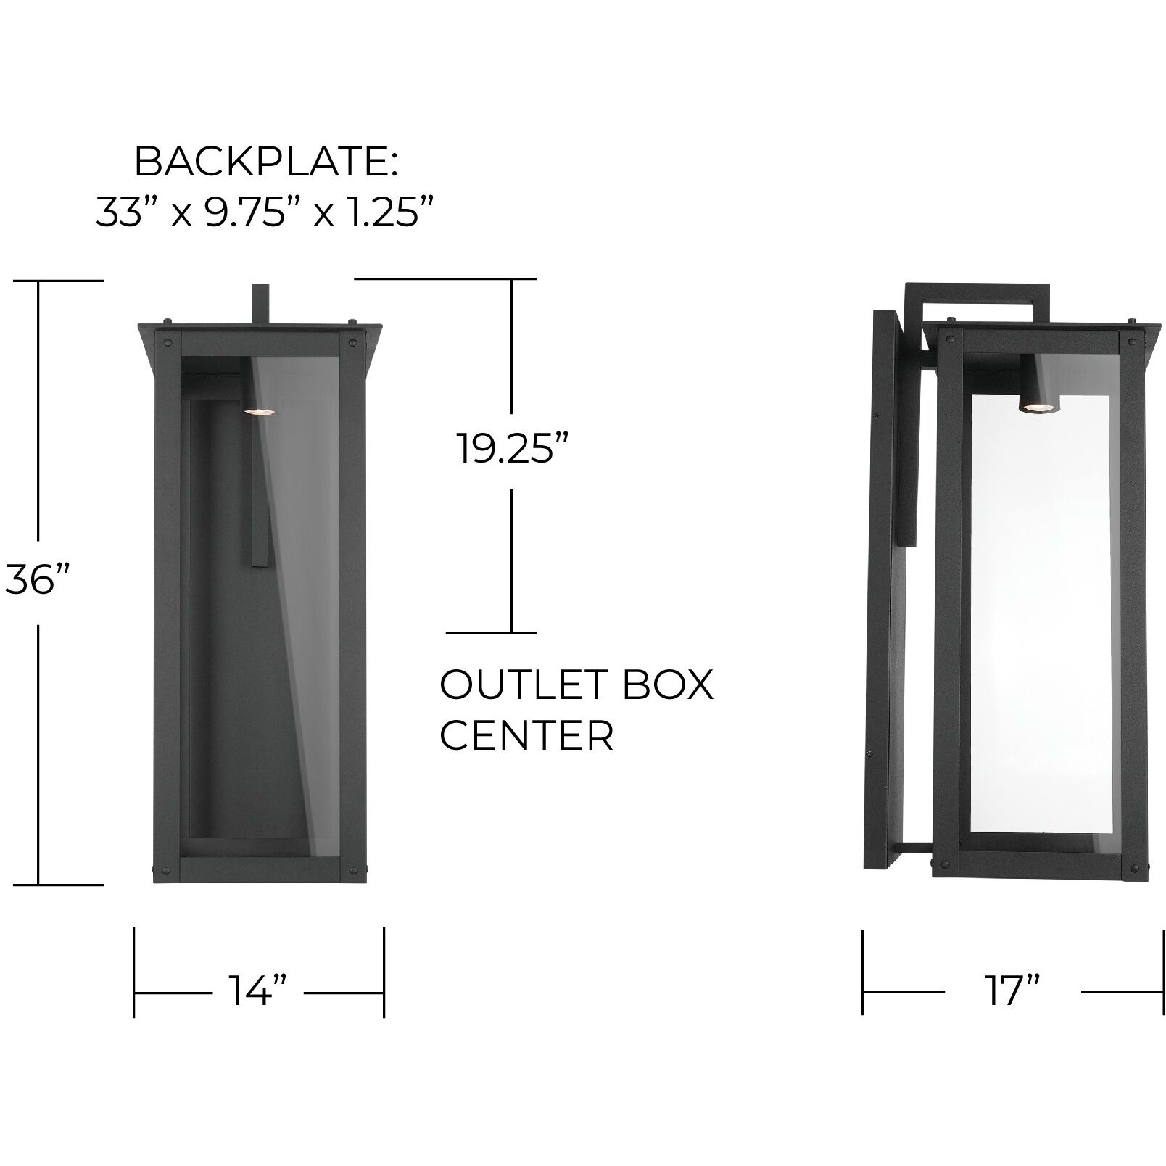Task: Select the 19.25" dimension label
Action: pos(512,448)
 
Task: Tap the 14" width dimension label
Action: pos(258,989)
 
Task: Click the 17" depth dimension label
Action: pos(1012,989)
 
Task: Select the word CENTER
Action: pos(527,736)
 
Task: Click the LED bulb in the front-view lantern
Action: pos(257,411)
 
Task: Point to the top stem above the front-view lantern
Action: pos(260,304)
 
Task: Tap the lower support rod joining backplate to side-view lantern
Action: pos(914,845)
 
